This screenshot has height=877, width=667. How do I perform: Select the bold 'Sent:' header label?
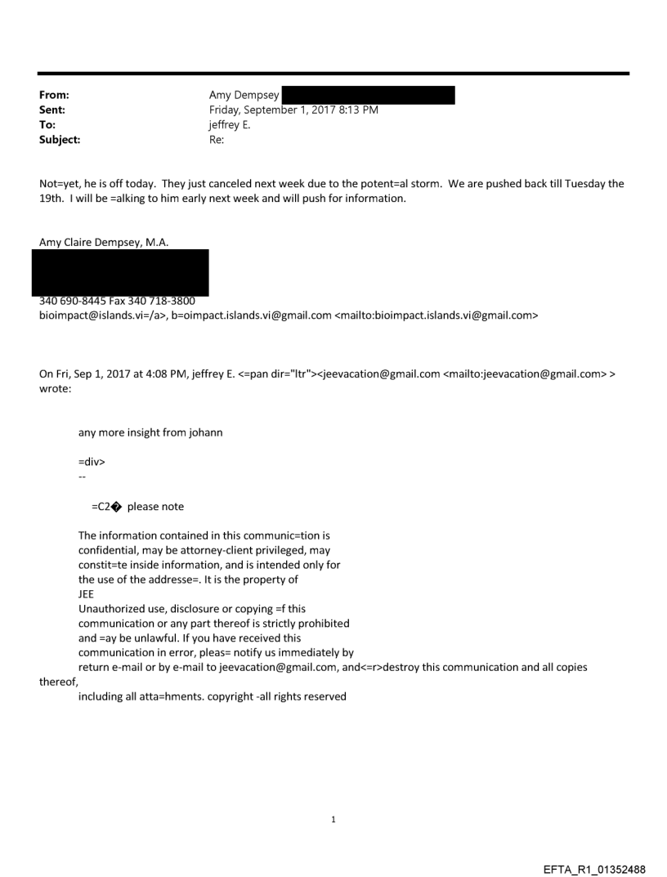[x=51, y=110]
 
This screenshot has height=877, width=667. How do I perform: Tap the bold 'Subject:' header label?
[x=58, y=140]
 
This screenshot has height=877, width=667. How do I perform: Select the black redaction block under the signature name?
[x=120, y=272]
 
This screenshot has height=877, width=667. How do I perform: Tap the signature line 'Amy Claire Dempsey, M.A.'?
[x=104, y=241]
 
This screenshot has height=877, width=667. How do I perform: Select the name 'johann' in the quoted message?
[x=206, y=432]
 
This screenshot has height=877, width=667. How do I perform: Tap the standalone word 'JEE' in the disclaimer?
[x=87, y=595]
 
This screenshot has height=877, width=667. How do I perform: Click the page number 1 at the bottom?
[x=333, y=819]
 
